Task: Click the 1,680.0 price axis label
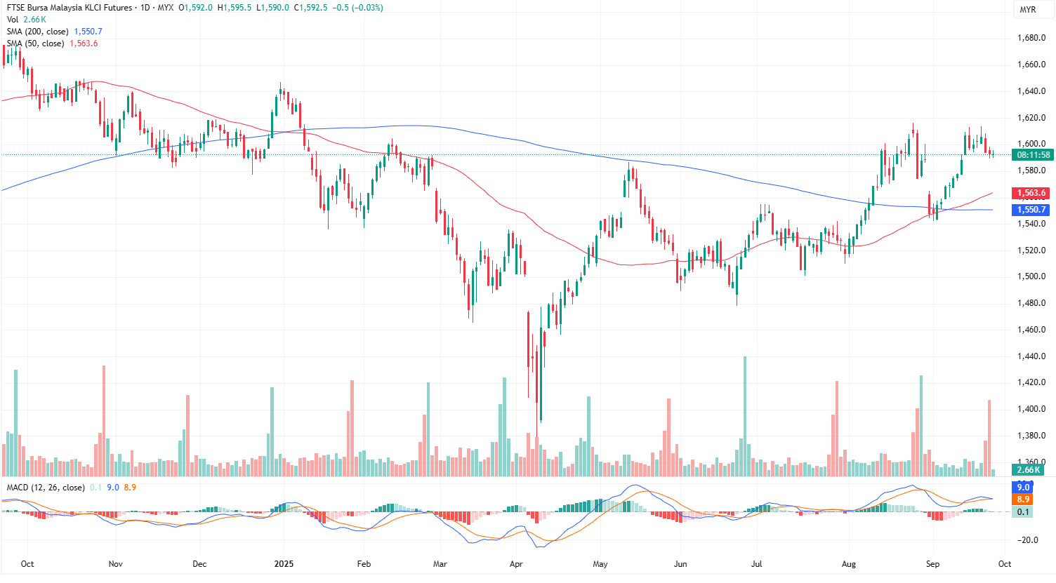coord(1031,38)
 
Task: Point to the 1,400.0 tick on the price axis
coord(1031,409)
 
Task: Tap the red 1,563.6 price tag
coord(1031,193)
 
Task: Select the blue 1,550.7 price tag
coord(1031,210)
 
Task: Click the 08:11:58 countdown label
coord(1033,155)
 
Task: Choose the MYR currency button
coord(1027,10)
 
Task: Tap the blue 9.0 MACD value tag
coord(1023,488)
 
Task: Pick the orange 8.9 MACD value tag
coord(1023,500)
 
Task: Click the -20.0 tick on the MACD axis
coord(1029,540)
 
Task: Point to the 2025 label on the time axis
coord(284,564)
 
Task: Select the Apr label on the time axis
coord(516,564)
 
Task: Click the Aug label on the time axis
coord(848,564)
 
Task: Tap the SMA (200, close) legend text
coord(38,32)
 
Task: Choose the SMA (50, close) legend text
coord(36,43)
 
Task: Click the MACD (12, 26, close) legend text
coord(46,488)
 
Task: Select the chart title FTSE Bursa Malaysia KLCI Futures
coord(70,8)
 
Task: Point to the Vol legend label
coord(13,20)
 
